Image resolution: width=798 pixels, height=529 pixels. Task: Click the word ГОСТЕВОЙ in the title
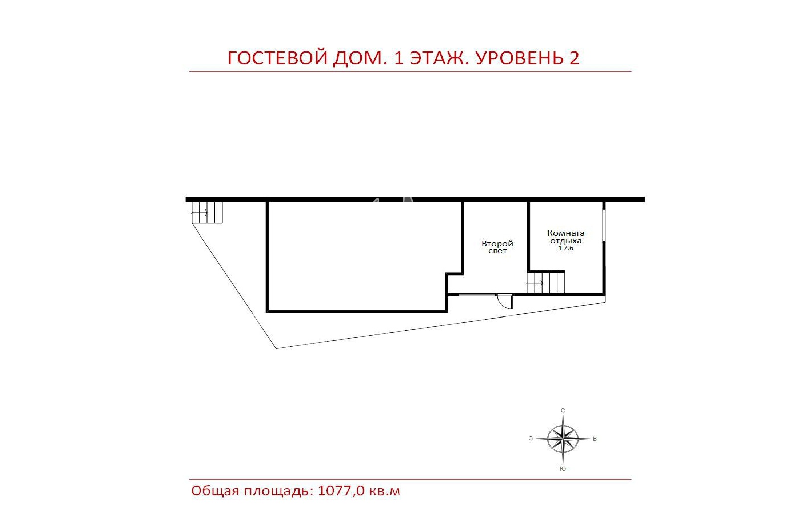277,58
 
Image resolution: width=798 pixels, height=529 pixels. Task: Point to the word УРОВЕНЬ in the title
519,58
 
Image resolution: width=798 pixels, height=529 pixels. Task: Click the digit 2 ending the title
574,58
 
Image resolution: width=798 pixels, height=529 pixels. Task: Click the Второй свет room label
497,247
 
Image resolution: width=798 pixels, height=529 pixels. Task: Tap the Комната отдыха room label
565,237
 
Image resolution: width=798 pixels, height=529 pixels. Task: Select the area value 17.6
566,248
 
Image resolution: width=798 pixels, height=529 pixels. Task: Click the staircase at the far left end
206,212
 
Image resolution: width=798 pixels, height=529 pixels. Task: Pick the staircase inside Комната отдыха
546,283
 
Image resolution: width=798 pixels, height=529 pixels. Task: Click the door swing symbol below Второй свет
505,301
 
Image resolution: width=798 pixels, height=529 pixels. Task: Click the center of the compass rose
562,439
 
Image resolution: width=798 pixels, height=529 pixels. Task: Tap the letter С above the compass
563,411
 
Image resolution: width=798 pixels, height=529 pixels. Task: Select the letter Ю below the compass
563,469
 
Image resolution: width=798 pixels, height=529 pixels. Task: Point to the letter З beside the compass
531,439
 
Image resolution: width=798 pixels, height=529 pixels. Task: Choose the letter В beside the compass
594,439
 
